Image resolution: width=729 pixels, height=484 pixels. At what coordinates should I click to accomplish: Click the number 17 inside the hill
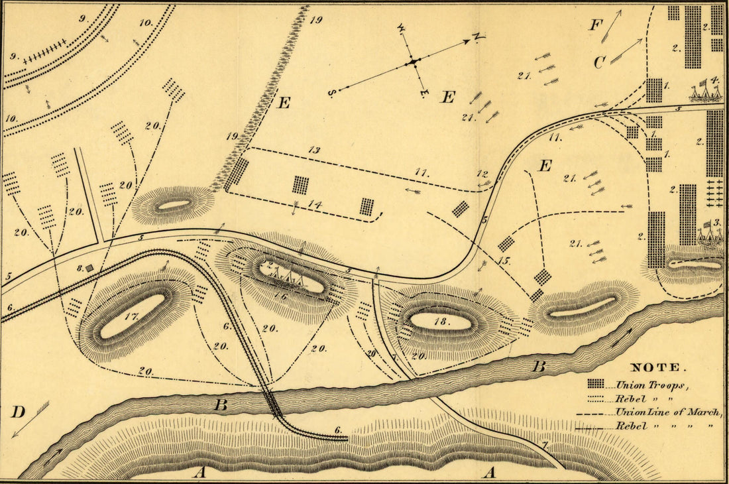130,316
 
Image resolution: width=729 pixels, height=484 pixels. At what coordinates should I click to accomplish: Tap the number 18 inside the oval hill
439,322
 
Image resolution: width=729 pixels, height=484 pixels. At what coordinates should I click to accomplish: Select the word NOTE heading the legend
655,367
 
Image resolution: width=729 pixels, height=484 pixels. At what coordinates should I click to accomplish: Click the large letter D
18,412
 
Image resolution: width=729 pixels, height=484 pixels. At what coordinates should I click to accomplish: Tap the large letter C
599,62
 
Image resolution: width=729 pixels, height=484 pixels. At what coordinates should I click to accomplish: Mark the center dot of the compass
412,62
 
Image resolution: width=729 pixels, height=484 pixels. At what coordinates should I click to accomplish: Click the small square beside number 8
89,268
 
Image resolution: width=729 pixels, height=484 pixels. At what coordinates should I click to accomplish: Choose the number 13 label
313,151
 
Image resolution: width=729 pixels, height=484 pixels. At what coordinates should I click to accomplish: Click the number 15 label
504,261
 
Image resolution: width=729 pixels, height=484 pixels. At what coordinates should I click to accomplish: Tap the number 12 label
482,174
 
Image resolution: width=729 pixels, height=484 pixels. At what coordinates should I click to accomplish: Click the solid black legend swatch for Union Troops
595,384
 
